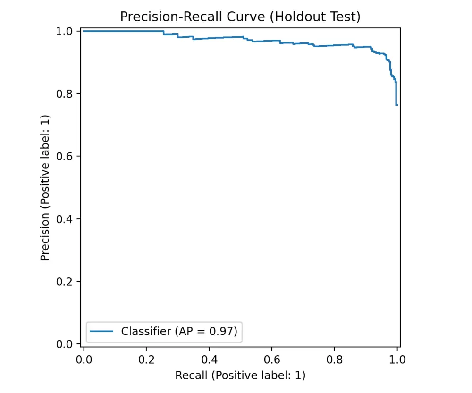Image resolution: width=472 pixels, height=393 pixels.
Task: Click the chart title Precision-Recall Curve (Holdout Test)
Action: coord(240,17)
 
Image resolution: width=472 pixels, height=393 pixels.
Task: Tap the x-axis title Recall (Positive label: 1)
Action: coord(240,376)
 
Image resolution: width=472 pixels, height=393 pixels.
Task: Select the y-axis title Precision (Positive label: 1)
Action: coord(45,188)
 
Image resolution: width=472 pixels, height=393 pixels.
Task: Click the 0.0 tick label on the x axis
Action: coord(84,359)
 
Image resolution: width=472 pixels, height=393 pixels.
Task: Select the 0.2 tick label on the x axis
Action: coord(146,359)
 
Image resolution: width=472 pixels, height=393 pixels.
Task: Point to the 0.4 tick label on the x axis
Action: coord(209,359)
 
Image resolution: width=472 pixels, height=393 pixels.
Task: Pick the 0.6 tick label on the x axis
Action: coord(272,359)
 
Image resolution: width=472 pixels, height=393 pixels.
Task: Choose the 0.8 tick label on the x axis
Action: coord(334,359)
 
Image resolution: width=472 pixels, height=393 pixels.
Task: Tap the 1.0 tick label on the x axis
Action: coord(397,359)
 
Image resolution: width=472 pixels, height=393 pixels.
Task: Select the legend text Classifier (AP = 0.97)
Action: coord(182,332)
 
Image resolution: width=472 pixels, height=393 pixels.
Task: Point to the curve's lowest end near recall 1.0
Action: coord(397,105)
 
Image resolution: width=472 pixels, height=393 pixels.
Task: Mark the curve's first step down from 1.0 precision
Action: coord(164,33)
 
